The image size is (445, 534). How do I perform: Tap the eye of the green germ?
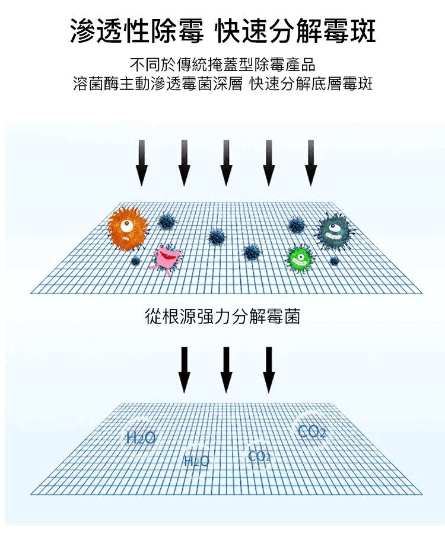(302, 257)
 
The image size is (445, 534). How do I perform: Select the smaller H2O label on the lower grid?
(197, 461)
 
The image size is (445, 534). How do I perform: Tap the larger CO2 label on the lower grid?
(312, 431)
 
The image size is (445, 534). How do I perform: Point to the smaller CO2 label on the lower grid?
(259, 456)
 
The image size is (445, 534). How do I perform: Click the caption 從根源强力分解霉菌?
(223, 316)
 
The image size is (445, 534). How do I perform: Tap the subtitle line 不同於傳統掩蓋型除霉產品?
(223, 63)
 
